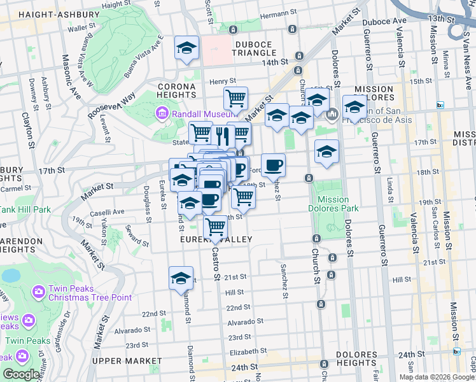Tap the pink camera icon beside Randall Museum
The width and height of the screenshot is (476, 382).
(x=162, y=114)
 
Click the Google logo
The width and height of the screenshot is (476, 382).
(x=21, y=374)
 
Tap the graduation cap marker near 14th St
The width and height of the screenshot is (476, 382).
(x=187, y=48)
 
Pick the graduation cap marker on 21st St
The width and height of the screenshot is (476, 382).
(x=181, y=278)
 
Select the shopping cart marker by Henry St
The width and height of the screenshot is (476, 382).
(x=235, y=99)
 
